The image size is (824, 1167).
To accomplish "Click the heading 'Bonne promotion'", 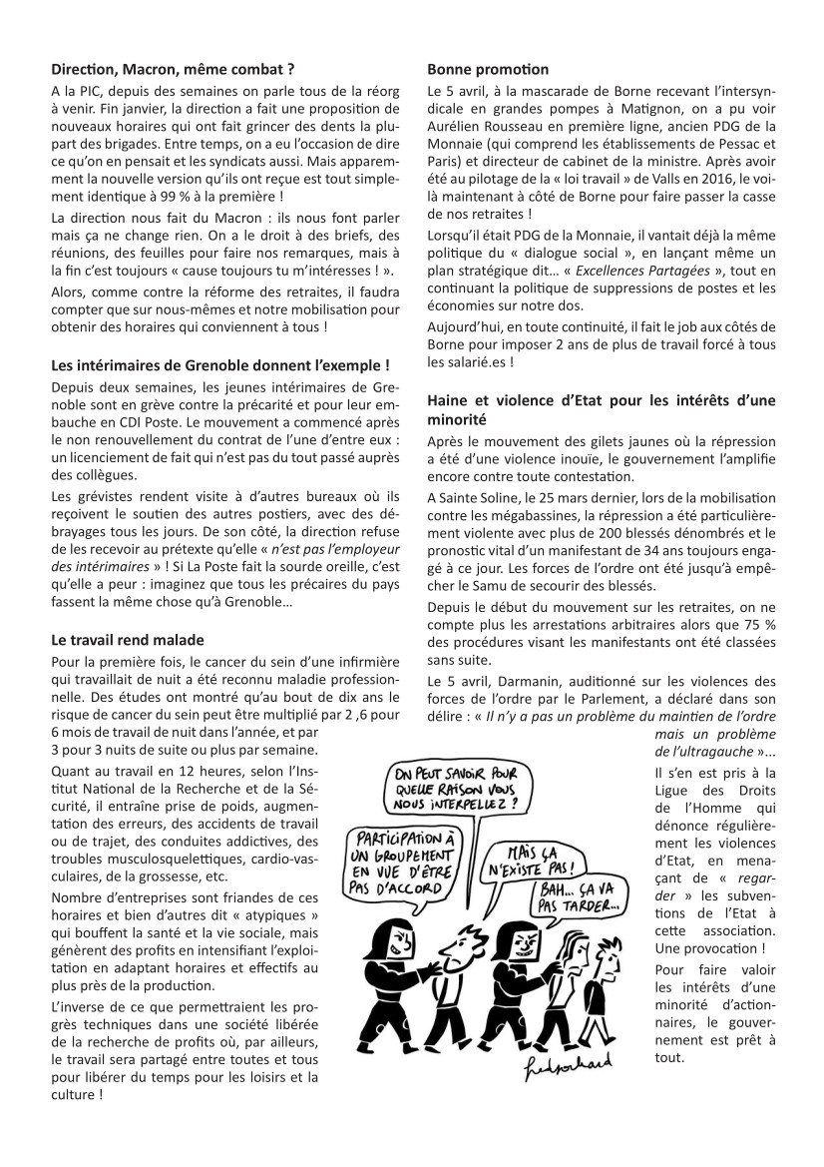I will (x=488, y=70).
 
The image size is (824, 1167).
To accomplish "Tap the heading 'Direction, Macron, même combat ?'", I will (x=173, y=70).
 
